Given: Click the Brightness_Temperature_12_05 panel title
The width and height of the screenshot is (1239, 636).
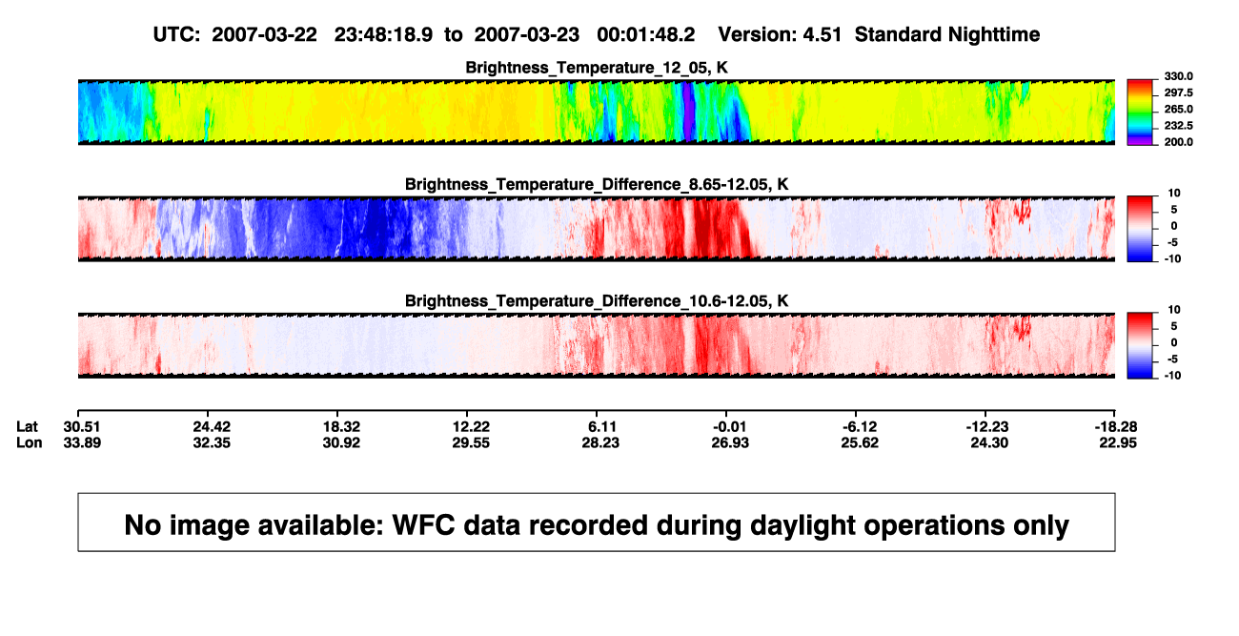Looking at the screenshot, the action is [597, 68].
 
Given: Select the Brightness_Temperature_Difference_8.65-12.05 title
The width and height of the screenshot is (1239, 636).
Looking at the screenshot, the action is [597, 184].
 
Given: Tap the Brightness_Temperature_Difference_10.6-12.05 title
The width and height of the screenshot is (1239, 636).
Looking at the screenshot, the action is [597, 301].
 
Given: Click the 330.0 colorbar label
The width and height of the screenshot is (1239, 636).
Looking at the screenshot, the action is [1178, 76].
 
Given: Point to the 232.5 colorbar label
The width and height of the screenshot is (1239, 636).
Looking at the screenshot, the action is [1178, 126].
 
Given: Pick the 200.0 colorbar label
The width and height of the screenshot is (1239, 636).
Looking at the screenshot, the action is [1178, 142].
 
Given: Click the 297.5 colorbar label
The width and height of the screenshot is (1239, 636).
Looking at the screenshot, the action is [1178, 92].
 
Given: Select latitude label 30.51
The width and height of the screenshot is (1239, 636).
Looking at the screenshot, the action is [82, 427].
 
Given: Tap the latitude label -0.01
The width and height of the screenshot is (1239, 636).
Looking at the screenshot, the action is [729, 427].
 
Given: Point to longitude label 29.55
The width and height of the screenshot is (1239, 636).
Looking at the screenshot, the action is [471, 442].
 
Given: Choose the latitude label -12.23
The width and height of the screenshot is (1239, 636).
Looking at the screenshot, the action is [987, 427].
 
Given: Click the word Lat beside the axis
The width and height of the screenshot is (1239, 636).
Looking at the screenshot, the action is [27, 427].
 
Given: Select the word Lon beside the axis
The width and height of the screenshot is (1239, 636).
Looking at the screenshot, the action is [29, 442].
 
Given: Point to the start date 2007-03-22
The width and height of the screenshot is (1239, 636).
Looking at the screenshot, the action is [264, 35].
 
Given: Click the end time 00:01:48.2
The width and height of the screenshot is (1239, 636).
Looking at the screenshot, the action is [645, 35].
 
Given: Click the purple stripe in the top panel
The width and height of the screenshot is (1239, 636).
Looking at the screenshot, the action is [687, 112].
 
